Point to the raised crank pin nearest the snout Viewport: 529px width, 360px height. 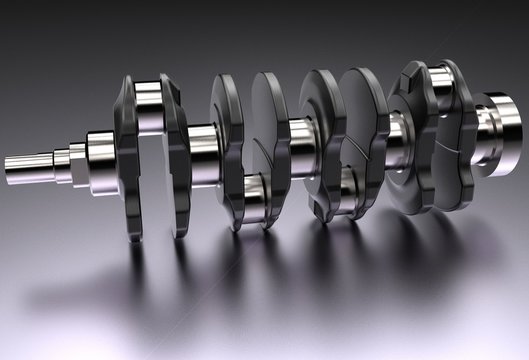(x=151, y=106)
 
